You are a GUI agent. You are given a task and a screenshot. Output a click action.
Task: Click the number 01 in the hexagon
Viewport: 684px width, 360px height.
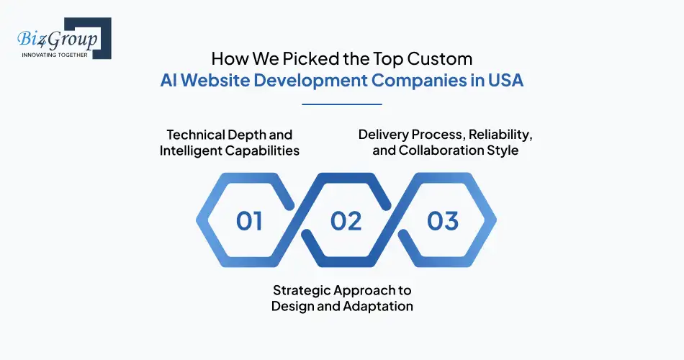tap(249, 221)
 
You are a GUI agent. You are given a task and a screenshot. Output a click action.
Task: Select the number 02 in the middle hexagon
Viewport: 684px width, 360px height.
tap(346, 221)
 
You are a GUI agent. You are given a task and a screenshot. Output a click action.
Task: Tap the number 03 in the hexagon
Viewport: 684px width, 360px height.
tap(442, 221)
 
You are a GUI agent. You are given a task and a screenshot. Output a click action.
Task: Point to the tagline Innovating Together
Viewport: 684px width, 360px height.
tap(55, 54)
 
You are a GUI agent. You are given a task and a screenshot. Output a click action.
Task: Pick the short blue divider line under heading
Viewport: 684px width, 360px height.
tap(341, 104)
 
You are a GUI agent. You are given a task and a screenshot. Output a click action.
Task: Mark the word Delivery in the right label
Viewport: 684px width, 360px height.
tap(384, 135)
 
